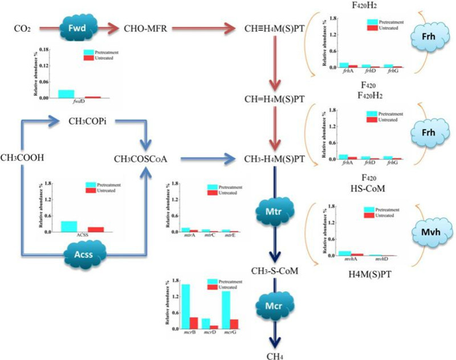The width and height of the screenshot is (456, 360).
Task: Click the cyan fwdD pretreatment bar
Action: point(66,94)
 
